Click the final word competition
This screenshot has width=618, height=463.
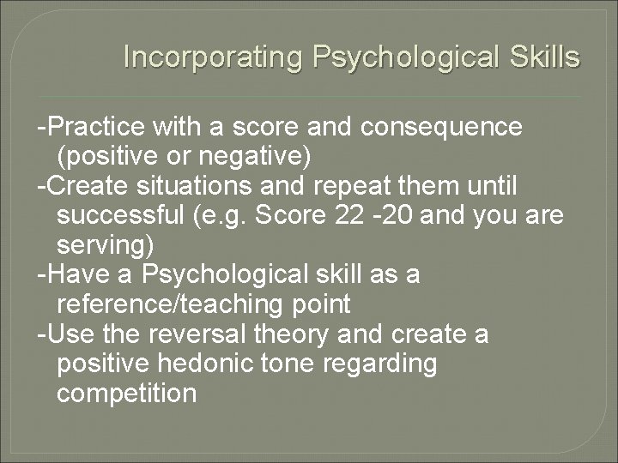tap(126, 394)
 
